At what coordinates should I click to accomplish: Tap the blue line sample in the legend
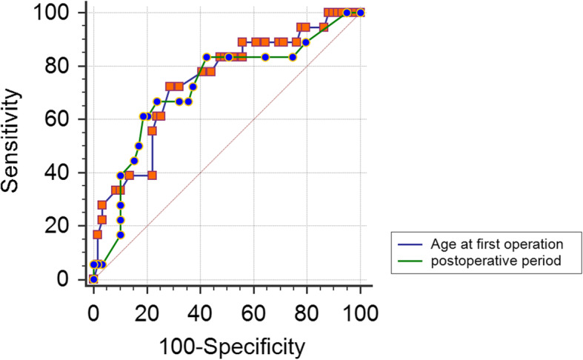coord(410,244)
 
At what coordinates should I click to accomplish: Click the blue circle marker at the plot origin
coord(93,279)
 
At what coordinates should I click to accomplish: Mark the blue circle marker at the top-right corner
coord(361,13)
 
